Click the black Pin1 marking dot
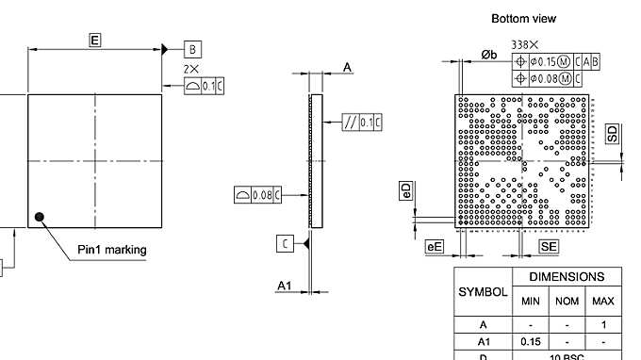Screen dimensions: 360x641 [x=40, y=218]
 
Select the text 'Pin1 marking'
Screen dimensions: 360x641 [x=111, y=250]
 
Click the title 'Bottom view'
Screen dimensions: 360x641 [x=523, y=19]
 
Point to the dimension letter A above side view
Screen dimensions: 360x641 [x=347, y=68]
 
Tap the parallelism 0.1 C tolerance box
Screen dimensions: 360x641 [x=363, y=122]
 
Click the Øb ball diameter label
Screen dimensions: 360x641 [x=488, y=55]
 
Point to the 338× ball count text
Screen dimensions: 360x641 [x=525, y=44]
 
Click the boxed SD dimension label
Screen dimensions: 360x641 [x=614, y=133]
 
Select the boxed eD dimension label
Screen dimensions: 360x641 [x=406, y=190]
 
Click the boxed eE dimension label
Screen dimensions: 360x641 [x=435, y=246]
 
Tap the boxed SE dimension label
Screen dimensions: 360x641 [x=548, y=246]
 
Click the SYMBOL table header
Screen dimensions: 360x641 [x=483, y=291]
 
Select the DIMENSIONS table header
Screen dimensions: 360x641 [x=566, y=277]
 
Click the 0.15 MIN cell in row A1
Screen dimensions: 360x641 [x=530, y=341]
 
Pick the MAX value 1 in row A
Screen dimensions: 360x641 [x=602, y=323]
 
